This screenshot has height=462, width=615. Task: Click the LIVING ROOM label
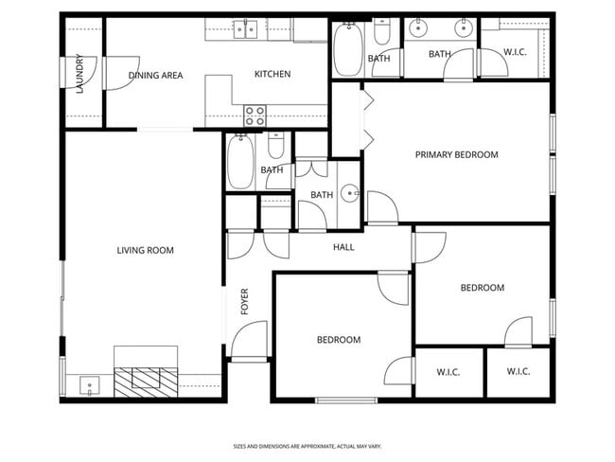pyautogui.click(x=145, y=250)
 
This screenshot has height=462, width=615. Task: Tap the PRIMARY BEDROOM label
pyautogui.click(x=457, y=154)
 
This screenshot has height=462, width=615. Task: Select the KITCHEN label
pyautogui.click(x=272, y=74)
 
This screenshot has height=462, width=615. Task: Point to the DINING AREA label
pyautogui.click(x=156, y=76)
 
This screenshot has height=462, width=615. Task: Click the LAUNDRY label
pyautogui.click(x=79, y=74)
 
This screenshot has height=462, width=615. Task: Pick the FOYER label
pyautogui.click(x=245, y=301)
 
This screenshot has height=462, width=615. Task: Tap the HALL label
pyautogui.click(x=343, y=247)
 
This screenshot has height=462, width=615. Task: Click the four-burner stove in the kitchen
pyautogui.click(x=255, y=116)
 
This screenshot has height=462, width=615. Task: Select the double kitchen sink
pyautogui.click(x=246, y=29)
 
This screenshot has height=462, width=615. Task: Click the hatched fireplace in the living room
pyautogui.click(x=146, y=382)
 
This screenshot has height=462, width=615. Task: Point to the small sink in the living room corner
pyautogui.click(x=90, y=385)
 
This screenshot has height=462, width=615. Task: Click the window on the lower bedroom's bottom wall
pyautogui.click(x=346, y=400)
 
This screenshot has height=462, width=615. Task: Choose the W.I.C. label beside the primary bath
pyautogui.click(x=515, y=52)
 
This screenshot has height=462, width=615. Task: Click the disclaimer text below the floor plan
pyautogui.click(x=307, y=446)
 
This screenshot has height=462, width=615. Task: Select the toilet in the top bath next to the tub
pyautogui.click(x=381, y=32)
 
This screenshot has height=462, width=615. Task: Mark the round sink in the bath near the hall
pyautogui.click(x=349, y=193)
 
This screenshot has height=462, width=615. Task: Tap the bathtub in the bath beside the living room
pyautogui.click(x=240, y=161)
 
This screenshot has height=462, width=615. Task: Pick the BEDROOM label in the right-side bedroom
pyautogui.click(x=483, y=288)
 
